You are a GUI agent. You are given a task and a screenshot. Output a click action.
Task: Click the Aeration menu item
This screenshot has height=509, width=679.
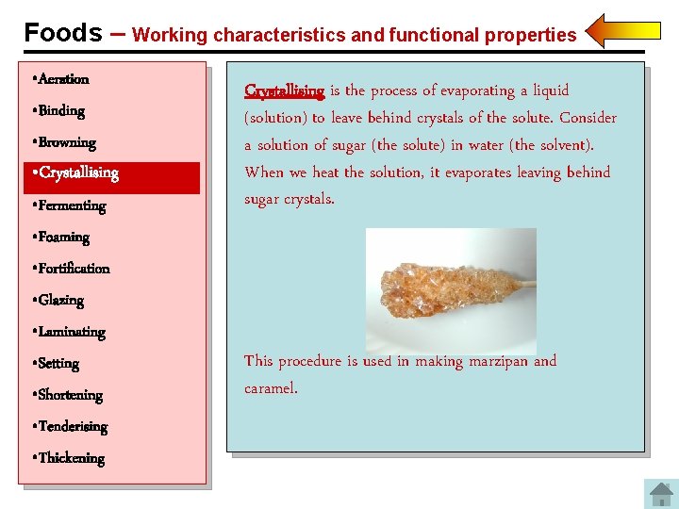click(63, 79)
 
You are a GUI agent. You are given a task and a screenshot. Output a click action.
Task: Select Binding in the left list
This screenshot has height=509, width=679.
click(61, 111)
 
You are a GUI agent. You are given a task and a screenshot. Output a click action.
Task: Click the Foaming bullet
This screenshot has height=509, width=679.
click(63, 238)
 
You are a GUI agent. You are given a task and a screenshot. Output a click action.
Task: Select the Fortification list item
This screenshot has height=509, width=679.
click(74, 269)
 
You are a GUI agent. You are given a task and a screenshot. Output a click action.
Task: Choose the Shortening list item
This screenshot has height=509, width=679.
click(70, 396)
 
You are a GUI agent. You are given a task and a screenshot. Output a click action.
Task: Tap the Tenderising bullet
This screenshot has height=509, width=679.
click(73, 427)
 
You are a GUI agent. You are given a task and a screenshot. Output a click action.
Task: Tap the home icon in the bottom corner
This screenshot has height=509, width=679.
click(660, 494)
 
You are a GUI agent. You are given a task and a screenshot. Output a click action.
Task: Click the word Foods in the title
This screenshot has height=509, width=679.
click(63, 33)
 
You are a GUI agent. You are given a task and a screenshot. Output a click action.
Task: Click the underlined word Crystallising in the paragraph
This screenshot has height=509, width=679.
click(284, 90)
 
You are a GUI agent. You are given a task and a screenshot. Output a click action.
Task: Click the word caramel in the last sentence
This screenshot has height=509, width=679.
click(270, 388)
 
